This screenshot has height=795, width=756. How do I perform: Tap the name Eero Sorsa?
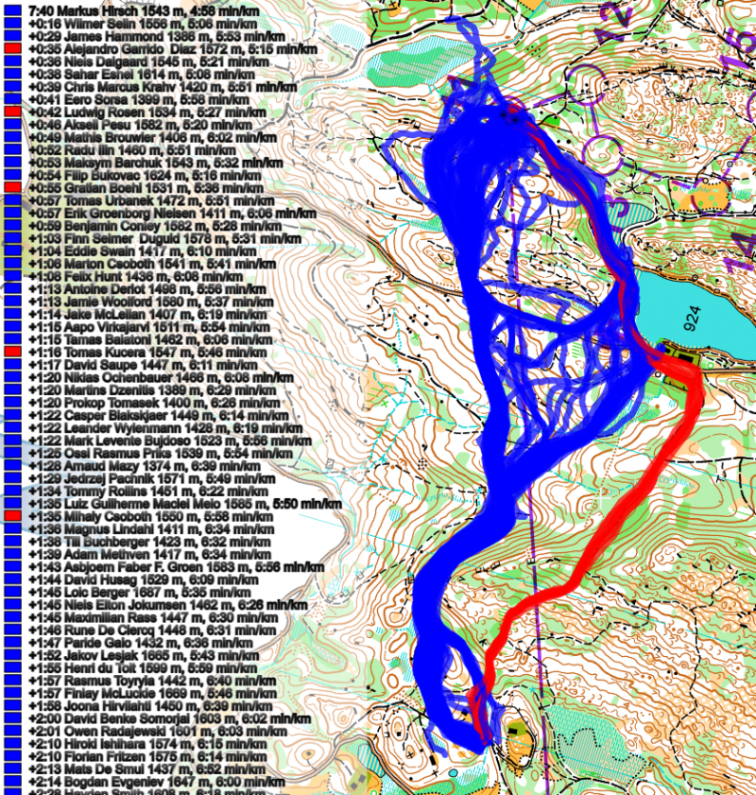(81, 98)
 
